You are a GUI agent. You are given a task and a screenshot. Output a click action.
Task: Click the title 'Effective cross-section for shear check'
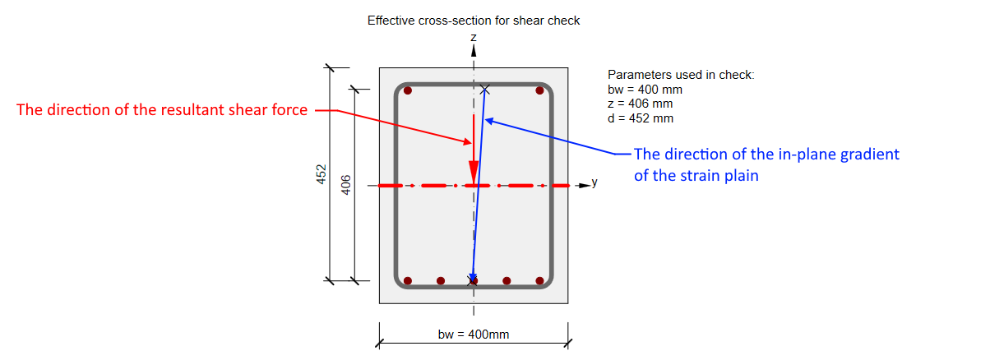point(474,21)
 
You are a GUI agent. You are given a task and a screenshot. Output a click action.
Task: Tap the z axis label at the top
point(474,38)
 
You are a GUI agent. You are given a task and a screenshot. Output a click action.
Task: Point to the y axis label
point(594,182)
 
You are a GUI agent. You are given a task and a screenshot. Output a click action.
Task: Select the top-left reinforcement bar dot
point(408,90)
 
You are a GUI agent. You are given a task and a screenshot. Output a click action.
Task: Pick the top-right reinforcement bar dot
point(539,90)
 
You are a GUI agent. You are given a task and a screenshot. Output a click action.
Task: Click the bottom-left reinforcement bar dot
point(408,280)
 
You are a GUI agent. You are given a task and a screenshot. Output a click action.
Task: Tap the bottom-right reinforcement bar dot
point(539,280)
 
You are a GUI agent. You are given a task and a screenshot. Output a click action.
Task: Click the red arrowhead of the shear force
point(474,173)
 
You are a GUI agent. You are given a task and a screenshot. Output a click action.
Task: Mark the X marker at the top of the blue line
point(485,90)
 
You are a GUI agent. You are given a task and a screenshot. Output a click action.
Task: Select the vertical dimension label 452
point(322,174)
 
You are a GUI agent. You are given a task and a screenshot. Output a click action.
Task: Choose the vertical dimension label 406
point(346,185)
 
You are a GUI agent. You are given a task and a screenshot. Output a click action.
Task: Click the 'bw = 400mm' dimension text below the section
point(474,335)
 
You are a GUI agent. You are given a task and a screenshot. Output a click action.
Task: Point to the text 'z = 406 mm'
point(640,104)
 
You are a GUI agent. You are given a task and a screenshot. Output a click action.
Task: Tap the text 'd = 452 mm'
point(641,118)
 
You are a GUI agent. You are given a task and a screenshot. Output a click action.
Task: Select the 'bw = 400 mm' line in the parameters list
point(645,90)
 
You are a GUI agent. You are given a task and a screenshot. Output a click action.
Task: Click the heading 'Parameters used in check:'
point(681,75)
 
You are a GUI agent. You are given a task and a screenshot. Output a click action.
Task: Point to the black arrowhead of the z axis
point(474,50)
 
